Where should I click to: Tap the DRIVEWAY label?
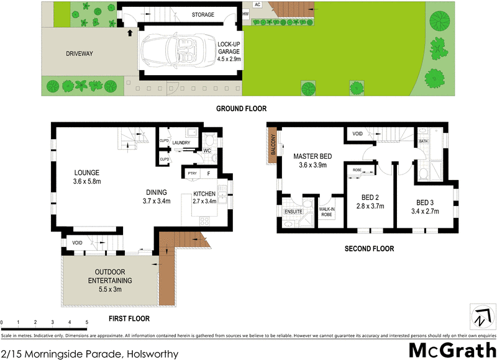click(79, 54)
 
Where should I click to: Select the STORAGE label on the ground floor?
click(203, 15)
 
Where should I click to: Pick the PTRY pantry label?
click(192, 174)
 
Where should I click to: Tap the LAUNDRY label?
click(181, 143)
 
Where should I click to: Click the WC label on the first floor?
click(207, 151)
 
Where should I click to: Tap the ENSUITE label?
click(293, 212)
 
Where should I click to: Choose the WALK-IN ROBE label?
click(326, 211)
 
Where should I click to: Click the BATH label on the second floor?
click(424, 142)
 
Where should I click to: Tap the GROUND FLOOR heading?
click(242, 109)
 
